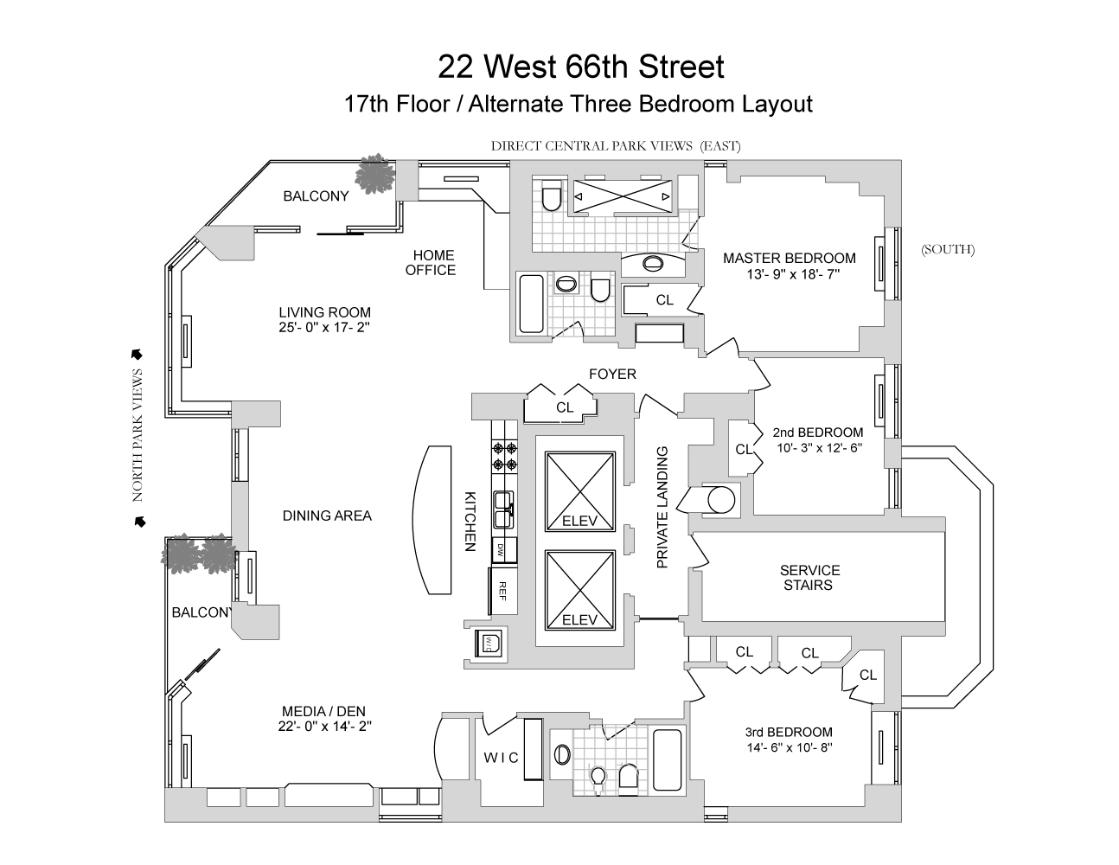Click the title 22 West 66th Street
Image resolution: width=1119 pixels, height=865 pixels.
tap(580, 67)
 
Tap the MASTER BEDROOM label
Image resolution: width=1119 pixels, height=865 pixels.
tap(789, 258)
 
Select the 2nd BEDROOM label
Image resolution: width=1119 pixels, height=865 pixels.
tap(817, 432)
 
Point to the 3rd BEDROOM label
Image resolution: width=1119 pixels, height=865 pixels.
tap(789, 732)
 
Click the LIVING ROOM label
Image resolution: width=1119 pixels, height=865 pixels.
tap(324, 312)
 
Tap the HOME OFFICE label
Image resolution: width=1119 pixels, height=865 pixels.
tap(432, 262)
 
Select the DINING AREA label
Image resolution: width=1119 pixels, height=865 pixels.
tap(327, 516)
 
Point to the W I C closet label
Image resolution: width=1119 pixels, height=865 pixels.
tap(501, 758)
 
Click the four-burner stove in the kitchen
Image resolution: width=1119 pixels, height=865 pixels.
tap(504, 455)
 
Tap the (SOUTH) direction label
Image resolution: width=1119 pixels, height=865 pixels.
tap(947, 250)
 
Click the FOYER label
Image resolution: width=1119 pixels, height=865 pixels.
tap(612, 374)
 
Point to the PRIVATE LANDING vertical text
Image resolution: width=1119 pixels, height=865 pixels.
tap(663, 507)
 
